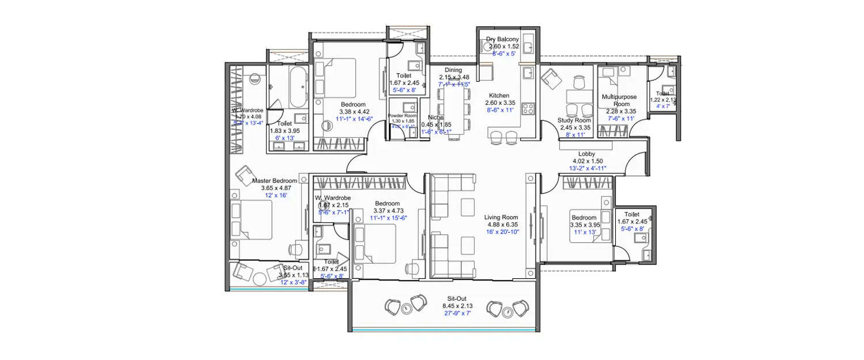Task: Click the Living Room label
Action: coord(501,217)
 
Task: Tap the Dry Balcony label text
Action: coord(502,39)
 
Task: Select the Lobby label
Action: coord(587,154)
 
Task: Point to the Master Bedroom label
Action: coord(275,181)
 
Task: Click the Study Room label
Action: coord(574,120)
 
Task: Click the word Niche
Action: coord(436,118)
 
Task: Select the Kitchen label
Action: coord(499,96)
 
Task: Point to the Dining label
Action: coord(453,70)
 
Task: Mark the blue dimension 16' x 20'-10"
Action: coord(502,232)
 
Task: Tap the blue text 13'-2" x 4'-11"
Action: coord(587,168)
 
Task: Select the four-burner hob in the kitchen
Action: coord(528,108)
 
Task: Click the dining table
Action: coord(453,109)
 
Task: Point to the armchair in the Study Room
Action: coord(551,78)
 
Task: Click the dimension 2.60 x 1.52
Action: coord(503,47)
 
